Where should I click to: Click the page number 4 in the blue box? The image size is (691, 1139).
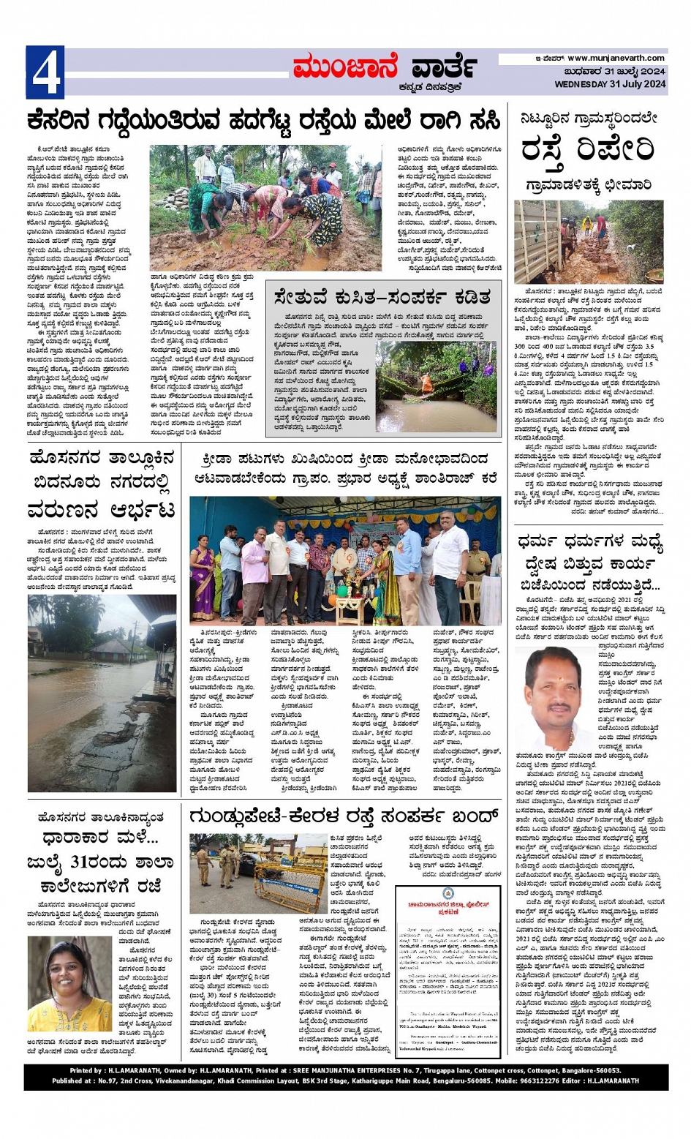pyautogui.click(x=45, y=72)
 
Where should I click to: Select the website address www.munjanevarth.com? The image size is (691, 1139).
pyautogui.click(x=616, y=58)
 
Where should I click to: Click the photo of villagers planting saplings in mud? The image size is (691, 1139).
pyautogui.click(x=265, y=207)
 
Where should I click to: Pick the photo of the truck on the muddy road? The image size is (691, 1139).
pyautogui.click(x=589, y=241)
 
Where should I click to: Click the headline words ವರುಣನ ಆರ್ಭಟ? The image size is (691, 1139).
pyautogui.click(x=102, y=509)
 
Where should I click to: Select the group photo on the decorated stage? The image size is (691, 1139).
pyautogui.click(x=345, y=560)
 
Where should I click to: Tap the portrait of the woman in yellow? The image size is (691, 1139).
pyautogui.click(x=69, y=984)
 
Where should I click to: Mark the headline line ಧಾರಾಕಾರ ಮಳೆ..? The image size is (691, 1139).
pyautogui.click(x=101, y=839)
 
